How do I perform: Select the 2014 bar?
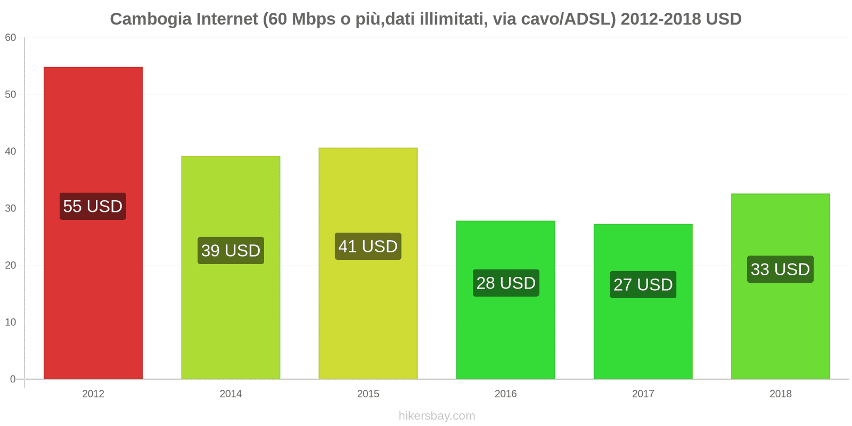[231, 319]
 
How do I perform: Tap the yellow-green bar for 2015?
[368, 319]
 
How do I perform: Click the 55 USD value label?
[93, 206]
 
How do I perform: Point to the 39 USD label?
[231, 250]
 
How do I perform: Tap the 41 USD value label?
[368, 247]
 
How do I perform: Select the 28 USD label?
[506, 283]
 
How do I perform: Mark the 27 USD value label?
[643, 284]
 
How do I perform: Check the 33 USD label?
[780, 269]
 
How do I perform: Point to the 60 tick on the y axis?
[11, 37]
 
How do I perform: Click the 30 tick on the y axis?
[11, 208]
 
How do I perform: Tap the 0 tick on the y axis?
[13, 379]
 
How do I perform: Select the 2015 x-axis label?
[368, 394]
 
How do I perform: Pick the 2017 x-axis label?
[643, 394]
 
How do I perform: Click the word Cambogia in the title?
[151, 19]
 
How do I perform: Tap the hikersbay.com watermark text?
[437, 416]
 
